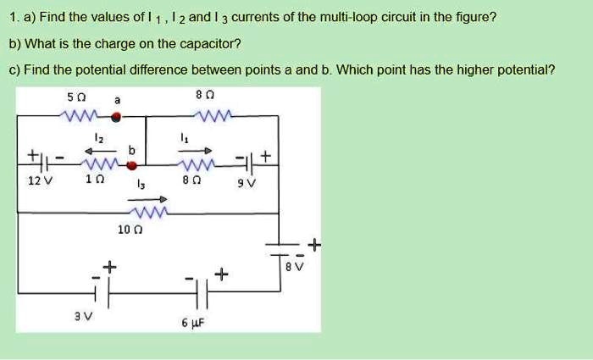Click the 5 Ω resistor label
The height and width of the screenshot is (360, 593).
point(76,97)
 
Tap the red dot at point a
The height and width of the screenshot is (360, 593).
point(117,117)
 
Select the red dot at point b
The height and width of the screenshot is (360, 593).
point(131,165)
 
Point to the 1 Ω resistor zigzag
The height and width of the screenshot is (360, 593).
point(102,164)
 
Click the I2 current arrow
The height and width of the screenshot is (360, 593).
point(100,152)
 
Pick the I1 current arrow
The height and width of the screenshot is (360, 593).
point(195,151)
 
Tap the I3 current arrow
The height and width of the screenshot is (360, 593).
point(147,199)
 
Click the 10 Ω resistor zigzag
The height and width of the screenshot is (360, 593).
point(148,213)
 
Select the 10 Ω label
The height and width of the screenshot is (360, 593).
point(130,230)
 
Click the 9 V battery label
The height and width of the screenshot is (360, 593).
point(247,184)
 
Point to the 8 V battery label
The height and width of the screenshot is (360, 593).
point(295,267)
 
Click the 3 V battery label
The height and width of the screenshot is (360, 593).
point(83,316)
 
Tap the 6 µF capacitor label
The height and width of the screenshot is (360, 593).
point(193,323)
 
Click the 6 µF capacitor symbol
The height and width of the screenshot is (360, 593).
point(202,293)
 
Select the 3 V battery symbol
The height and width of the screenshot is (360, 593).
point(102,293)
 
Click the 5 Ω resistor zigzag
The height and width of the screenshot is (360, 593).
point(80,115)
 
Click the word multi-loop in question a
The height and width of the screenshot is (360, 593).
point(349,18)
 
